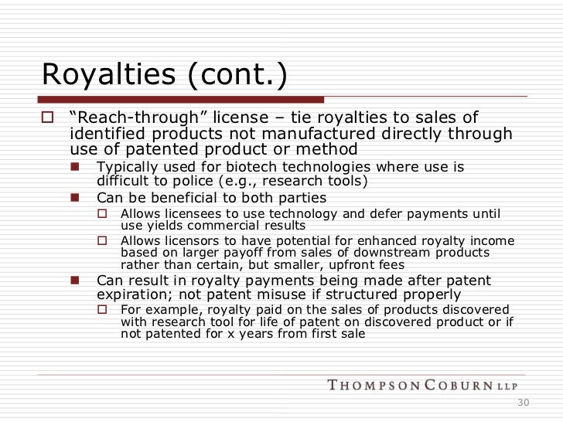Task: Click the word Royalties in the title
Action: (x=109, y=74)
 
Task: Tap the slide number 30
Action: (x=523, y=402)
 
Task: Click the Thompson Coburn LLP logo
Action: (x=422, y=385)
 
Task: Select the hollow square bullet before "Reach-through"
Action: (x=47, y=117)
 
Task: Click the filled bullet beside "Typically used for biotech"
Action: (x=75, y=166)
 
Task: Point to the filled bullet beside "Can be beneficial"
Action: (x=75, y=197)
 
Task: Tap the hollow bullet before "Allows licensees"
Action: (x=102, y=213)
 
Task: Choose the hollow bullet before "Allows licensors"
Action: (x=102, y=240)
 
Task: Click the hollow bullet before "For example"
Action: (x=102, y=309)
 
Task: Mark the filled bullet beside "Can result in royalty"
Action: (x=75, y=280)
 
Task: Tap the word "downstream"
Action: (x=391, y=252)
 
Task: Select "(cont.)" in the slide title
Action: (x=237, y=75)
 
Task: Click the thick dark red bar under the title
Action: (x=181, y=100)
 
